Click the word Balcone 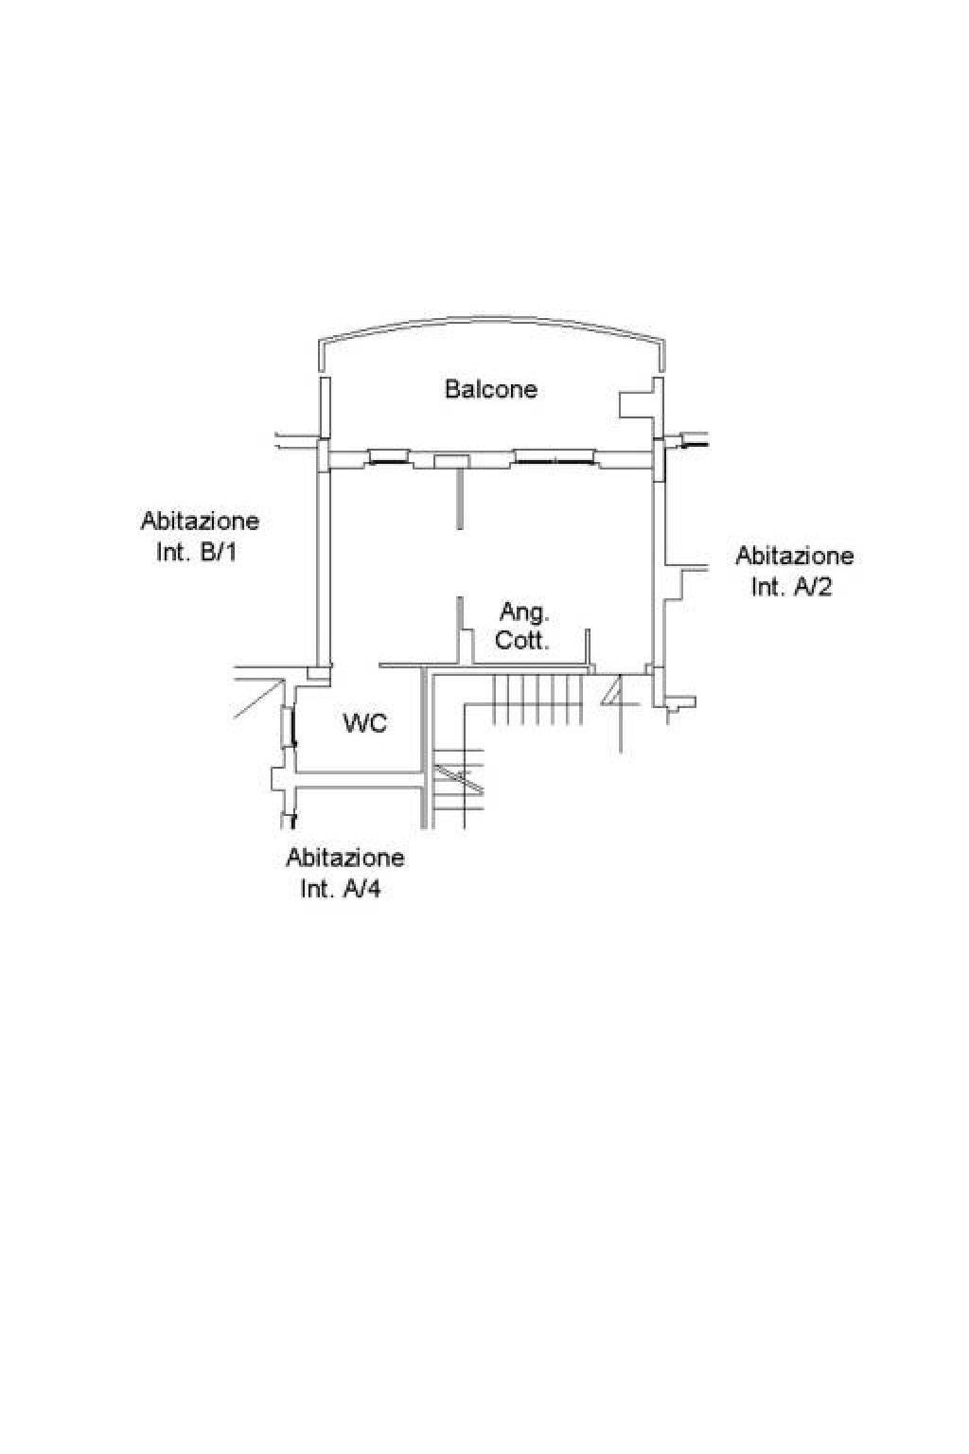(491, 389)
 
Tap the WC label (364, 722)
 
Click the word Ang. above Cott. (523, 612)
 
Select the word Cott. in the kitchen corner (521, 641)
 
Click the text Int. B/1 (197, 553)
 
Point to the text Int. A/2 (791, 587)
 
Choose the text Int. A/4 (340, 889)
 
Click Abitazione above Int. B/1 (200, 521)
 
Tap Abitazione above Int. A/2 (795, 556)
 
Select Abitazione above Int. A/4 (345, 858)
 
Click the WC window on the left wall (289, 728)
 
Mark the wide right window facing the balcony (555, 457)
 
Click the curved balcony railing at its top (491, 319)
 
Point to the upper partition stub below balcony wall (460, 500)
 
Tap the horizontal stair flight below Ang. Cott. (537, 699)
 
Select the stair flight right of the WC (458, 788)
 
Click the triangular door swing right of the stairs (612, 691)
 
